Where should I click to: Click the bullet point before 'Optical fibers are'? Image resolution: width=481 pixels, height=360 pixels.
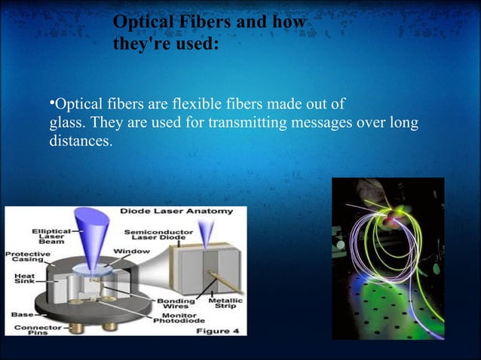point(52,102)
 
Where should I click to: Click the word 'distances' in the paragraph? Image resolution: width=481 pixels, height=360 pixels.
point(79,141)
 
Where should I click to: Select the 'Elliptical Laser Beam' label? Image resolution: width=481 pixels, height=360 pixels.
point(51,236)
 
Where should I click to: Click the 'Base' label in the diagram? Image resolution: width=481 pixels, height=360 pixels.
point(18,313)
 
